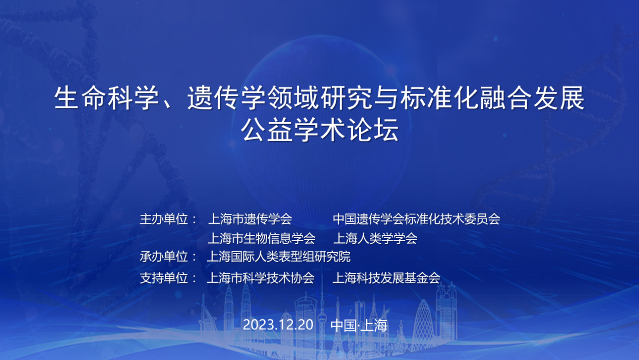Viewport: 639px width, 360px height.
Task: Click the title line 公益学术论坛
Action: (320, 131)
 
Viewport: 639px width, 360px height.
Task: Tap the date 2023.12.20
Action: (278, 325)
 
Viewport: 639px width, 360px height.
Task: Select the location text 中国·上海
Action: (359, 325)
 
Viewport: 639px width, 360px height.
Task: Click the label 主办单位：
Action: (168, 219)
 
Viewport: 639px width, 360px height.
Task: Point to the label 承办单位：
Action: (168, 257)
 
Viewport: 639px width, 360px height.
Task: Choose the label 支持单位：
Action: (168, 278)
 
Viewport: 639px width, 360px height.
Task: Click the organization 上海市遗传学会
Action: (250, 219)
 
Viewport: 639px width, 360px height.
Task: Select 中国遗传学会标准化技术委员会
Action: (416, 219)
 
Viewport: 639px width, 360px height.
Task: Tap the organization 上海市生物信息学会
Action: (262, 238)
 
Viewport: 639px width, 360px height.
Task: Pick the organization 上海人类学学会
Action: (375, 238)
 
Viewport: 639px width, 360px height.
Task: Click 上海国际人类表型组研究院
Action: (279, 257)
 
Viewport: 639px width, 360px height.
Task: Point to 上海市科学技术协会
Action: (261, 278)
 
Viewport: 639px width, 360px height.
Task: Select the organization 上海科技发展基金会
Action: (386, 278)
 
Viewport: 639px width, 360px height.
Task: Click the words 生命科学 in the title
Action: (106, 98)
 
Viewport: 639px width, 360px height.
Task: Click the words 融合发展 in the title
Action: (532, 98)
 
